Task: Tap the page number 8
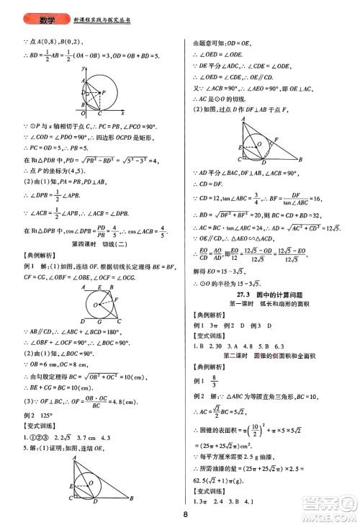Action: (x=185, y=514)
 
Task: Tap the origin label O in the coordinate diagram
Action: (x=81, y=114)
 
